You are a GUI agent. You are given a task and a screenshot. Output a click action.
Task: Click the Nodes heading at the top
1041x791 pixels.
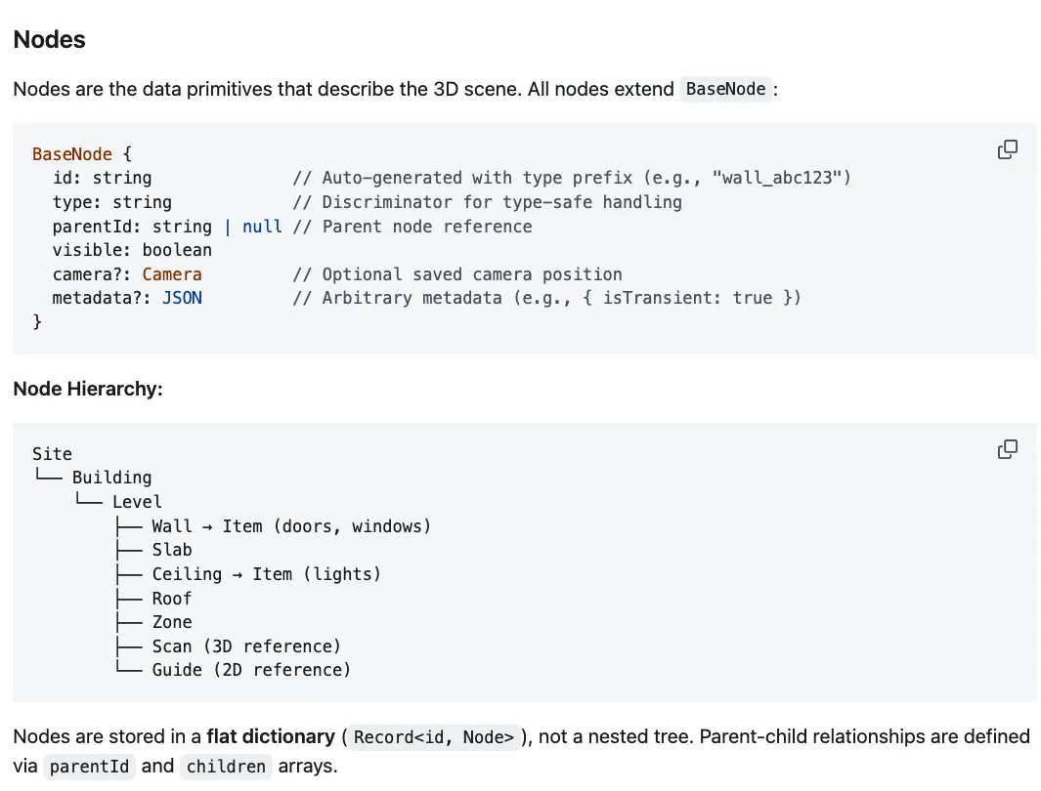[49, 40]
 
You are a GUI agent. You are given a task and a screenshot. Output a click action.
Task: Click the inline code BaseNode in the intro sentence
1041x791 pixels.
[725, 89]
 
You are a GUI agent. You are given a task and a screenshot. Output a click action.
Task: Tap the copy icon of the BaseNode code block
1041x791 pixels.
[1007, 149]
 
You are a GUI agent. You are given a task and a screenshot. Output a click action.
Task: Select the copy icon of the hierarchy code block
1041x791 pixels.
[1007, 449]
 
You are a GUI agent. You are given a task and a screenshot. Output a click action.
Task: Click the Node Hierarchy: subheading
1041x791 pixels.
[88, 389]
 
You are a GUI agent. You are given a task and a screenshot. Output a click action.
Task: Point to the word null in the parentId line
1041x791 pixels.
[262, 227]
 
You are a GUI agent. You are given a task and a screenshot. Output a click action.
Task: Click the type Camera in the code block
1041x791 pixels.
[172, 274]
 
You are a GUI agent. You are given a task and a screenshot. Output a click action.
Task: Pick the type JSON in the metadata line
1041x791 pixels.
[182, 298]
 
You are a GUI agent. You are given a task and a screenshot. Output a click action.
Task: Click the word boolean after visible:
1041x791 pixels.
[177, 250]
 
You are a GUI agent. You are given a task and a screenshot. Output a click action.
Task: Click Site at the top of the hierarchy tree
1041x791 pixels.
[52, 454]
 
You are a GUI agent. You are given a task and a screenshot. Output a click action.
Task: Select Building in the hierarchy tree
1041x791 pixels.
[111, 478]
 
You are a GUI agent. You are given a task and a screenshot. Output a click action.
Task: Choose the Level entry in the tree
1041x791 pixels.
[137, 502]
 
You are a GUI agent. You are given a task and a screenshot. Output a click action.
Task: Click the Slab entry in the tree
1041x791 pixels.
[172, 550]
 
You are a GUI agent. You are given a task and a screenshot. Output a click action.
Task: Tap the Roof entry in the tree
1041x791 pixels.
[172, 598]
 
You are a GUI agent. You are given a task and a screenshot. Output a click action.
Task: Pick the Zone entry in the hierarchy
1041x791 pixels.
[172, 622]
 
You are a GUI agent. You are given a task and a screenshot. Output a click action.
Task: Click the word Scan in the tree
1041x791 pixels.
[172, 646]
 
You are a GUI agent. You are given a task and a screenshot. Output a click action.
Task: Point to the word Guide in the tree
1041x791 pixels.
[177, 670]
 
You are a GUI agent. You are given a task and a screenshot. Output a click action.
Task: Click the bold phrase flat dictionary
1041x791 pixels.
[270, 736]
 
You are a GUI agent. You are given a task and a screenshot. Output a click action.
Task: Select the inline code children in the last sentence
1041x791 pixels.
[226, 767]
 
